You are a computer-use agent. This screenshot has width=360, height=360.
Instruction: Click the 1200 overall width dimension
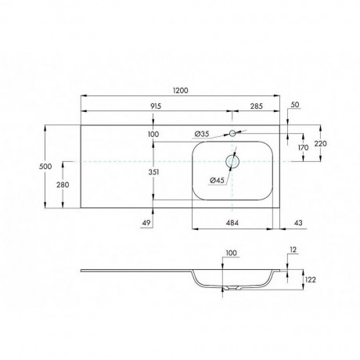180,91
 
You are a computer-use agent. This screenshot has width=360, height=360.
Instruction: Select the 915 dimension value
156,106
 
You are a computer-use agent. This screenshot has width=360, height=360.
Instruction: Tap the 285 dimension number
257,106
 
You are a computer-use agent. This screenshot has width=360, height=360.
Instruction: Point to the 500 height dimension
45,166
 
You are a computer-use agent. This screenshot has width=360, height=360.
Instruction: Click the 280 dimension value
63,185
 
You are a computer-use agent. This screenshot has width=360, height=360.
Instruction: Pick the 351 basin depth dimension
153,172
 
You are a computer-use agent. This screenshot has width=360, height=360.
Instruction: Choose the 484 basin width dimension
232,223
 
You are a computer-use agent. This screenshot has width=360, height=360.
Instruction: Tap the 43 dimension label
298,223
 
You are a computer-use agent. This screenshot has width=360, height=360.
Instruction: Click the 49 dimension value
146,223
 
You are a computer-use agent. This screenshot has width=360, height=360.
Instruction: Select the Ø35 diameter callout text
202,134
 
